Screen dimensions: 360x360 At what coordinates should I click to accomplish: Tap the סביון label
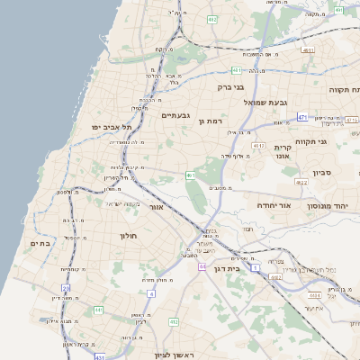323,173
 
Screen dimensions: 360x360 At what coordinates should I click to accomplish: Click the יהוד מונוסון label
334,206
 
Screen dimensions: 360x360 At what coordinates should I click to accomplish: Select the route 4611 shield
309,50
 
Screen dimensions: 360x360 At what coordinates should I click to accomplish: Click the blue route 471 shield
302,117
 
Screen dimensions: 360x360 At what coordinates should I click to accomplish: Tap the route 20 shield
66,288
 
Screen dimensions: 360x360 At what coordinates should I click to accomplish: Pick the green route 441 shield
98,310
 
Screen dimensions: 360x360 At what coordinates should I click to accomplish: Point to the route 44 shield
203,266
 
